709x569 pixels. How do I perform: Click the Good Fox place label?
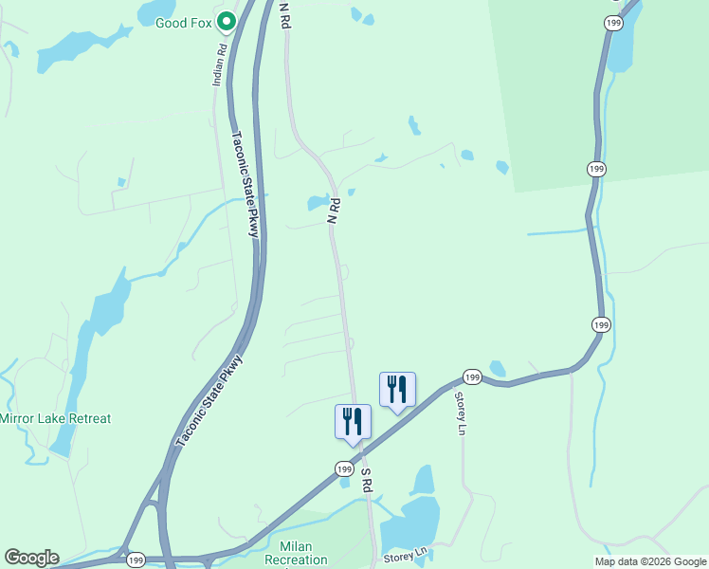pyautogui.click(x=183, y=21)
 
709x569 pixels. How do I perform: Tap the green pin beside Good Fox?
pyautogui.click(x=226, y=21)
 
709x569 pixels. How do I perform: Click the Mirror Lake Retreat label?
pyautogui.click(x=55, y=418)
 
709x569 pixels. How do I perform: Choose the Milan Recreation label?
pyautogui.click(x=295, y=553)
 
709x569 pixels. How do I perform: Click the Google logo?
pyautogui.click(x=31, y=558)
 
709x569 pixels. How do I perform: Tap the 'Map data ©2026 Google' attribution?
pyautogui.click(x=650, y=561)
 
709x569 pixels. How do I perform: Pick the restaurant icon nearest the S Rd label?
pyautogui.click(x=353, y=420)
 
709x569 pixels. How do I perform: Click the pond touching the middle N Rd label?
pyautogui.click(x=317, y=203)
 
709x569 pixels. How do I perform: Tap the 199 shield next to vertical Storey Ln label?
pyautogui.click(x=473, y=377)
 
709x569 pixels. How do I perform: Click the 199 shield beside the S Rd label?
pyautogui.click(x=343, y=469)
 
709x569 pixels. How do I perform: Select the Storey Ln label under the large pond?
pyautogui.click(x=406, y=554)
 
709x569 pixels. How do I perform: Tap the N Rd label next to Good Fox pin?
pyautogui.click(x=283, y=14)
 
